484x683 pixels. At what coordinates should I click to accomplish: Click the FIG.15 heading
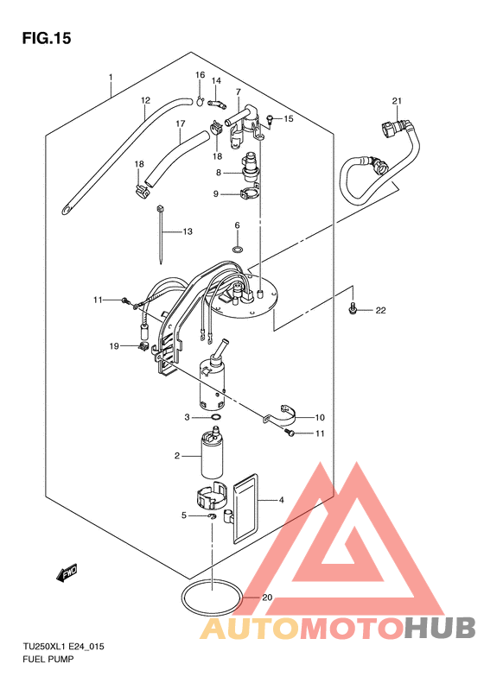[46, 38]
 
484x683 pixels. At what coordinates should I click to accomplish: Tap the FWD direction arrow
[67, 572]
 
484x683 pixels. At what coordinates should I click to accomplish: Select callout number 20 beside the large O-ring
[267, 598]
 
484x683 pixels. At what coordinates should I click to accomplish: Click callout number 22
[380, 310]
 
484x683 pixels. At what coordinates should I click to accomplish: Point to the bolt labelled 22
[353, 309]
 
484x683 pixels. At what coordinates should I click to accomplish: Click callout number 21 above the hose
[397, 101]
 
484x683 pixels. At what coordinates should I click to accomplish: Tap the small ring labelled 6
[238, 250]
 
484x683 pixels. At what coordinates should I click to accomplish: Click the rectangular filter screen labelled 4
[245, 508]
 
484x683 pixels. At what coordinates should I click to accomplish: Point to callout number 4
[282, 500]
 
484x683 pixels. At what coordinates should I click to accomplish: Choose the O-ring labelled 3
[215, 417]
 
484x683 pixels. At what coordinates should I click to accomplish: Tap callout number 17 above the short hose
[181, 123]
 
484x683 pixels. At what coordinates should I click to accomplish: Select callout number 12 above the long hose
[145, 100]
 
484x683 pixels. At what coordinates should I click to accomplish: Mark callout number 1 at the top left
[111, 77]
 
